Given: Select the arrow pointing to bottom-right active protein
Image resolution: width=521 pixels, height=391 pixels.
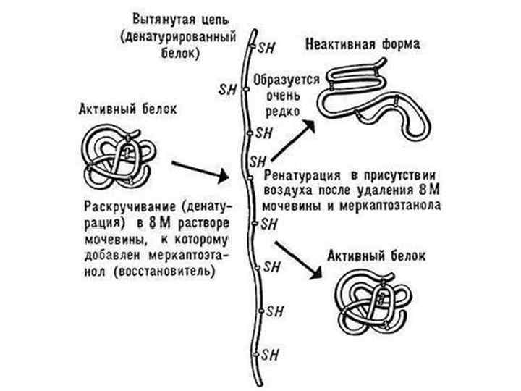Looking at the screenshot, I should coord(297,258).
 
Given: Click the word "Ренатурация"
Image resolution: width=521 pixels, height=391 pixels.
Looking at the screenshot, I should coord(303,176).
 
